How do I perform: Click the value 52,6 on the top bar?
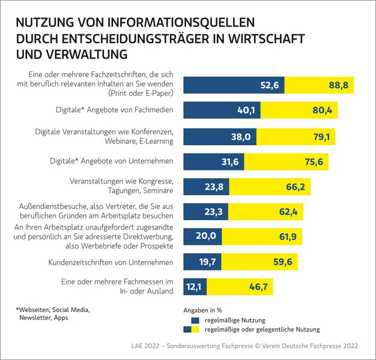coord(268,85)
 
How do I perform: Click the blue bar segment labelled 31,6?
coord(213,161)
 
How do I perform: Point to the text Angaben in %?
coord(202,310)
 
